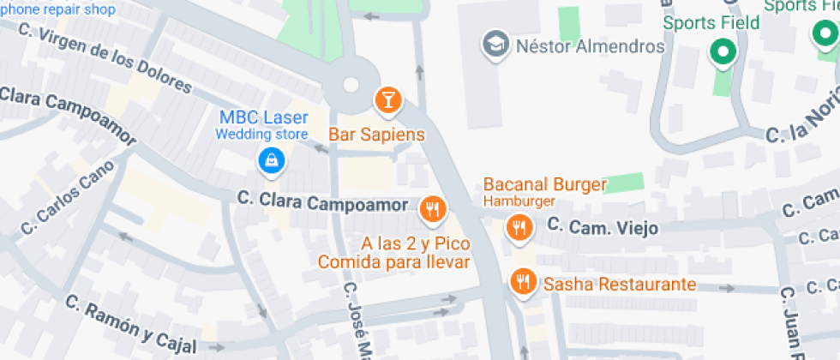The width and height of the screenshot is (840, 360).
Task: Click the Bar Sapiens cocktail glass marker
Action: point(388,100)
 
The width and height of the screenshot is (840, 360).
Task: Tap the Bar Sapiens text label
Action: point(377,135)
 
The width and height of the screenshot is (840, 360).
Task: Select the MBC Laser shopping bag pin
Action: point(271,160)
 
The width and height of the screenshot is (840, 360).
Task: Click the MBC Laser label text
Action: point(264,117)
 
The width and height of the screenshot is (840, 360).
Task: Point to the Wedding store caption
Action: point(261,135)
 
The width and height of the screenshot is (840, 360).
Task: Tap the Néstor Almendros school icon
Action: point(495,45)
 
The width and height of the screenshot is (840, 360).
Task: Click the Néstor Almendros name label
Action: point(590,45)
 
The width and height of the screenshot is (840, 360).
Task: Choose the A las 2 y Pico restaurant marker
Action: point(432,209)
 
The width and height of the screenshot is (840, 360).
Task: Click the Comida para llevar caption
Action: point(394,261)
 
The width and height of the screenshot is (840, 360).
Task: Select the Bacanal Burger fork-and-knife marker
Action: point(518,228)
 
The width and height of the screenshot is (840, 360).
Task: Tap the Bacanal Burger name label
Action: point(545,184)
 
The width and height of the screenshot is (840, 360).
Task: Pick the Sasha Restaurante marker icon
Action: point(522,282)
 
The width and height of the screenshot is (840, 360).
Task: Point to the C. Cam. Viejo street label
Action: point(603,227)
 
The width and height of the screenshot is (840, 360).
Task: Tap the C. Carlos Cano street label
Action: point(67,196)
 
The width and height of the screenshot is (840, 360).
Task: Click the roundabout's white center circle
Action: point(350,84)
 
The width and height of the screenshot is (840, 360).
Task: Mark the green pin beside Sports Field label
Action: point(723,53)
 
